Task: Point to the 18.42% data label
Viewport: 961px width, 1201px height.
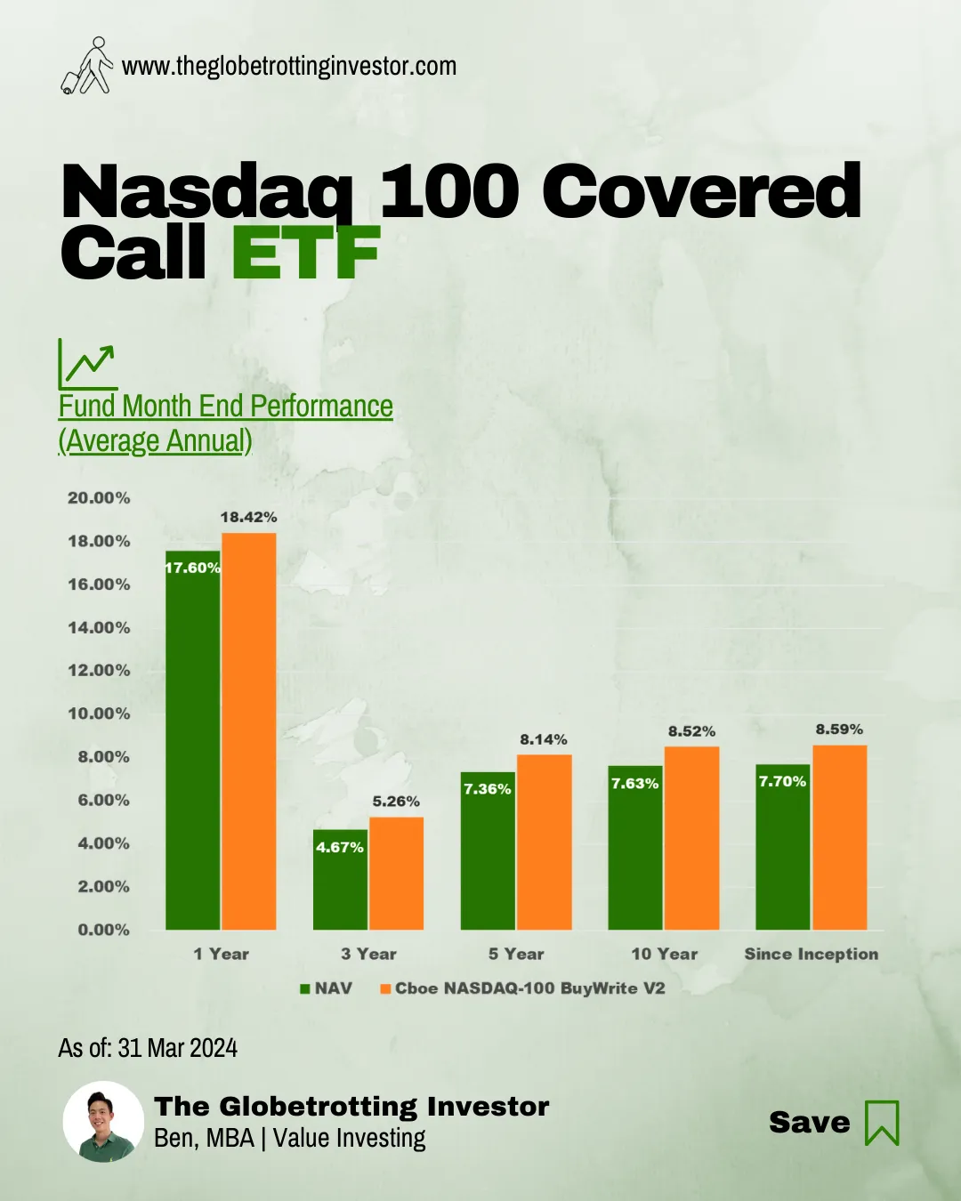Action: click(248, 517)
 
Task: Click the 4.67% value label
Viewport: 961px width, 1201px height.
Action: click(340, 847)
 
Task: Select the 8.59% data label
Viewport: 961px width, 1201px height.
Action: click(839, 729)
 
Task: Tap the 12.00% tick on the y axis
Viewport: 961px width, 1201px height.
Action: click(99, 671)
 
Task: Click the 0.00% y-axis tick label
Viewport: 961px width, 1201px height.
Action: click(103, 930)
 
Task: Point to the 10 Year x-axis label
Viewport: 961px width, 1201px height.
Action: click(665, 954)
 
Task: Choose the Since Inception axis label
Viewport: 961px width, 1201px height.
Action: click(811, 954)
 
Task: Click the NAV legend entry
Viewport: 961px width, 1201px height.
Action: click(327, 988)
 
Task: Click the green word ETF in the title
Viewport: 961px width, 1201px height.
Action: click(305, 254)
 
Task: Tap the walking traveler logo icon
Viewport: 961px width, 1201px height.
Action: click(87, 66)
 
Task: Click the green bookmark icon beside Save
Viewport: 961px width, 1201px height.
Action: click(882, 1123)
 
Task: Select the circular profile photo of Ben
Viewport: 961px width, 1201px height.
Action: click(103, 1121)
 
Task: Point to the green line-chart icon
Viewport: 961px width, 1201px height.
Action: click(87, 364)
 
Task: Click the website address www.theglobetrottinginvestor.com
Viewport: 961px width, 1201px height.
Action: click(289, 66)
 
